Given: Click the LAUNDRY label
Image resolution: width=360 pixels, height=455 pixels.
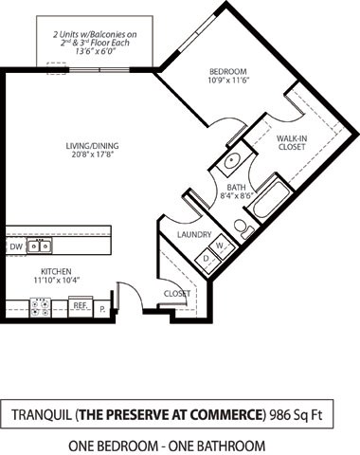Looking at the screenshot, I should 193,234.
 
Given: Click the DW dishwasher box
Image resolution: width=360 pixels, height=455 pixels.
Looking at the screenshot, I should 16,246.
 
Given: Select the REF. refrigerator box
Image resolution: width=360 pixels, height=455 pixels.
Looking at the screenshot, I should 81,305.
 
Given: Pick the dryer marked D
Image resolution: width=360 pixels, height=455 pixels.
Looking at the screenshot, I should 207,259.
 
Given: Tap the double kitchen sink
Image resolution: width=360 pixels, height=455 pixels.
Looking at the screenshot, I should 40,246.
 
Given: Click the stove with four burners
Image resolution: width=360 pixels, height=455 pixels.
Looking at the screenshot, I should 42,306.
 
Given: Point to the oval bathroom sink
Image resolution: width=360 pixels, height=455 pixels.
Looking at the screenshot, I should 232,161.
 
